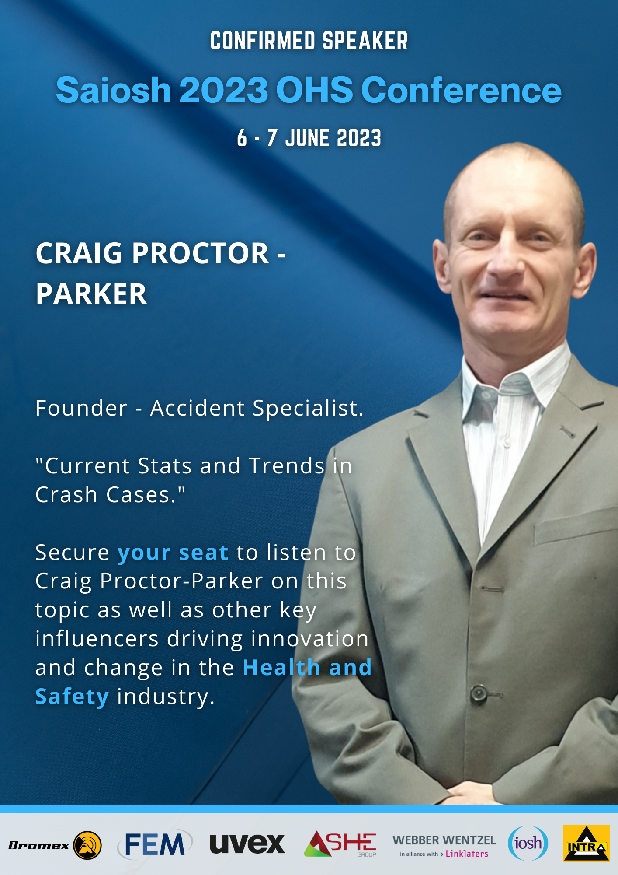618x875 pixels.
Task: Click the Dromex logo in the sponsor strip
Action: click(x=55, y=845)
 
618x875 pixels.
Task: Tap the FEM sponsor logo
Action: click(x=155, y=844)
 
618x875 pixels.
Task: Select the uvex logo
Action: click(x=247, y=844)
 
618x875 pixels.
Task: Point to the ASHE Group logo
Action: click(x=340, y=844)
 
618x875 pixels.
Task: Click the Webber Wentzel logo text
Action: click(x=444, y=840)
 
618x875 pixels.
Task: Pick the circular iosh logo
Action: click(x=528, y=843)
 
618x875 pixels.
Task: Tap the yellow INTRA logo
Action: click(x=587, y=843)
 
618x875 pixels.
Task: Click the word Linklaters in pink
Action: click(x=467, y=854)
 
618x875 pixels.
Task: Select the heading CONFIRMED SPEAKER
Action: click(x=309, y=41)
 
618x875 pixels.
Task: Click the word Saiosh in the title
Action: click(x=114, y=90)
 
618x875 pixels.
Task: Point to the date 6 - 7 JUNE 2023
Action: click(x=309, y=138)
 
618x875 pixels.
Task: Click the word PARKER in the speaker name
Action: click(x=91, y=294)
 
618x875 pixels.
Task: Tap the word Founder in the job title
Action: click(x=81, y=408)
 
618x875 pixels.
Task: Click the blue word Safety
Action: click(x=72, y=696)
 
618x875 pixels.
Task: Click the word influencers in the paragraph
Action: click(x=97, y=639)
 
